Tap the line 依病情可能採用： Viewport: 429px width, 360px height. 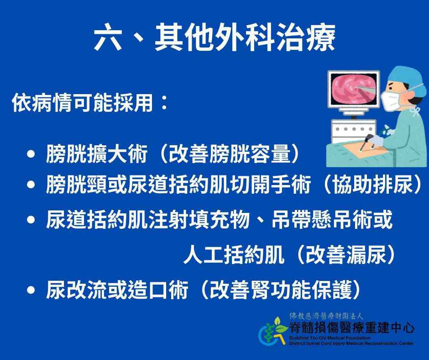point(89,104)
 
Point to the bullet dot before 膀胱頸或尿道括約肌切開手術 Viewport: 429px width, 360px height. point(31,186)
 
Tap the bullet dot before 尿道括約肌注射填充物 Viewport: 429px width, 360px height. point(31,220)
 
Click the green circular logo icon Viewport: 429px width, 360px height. point(273,332)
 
